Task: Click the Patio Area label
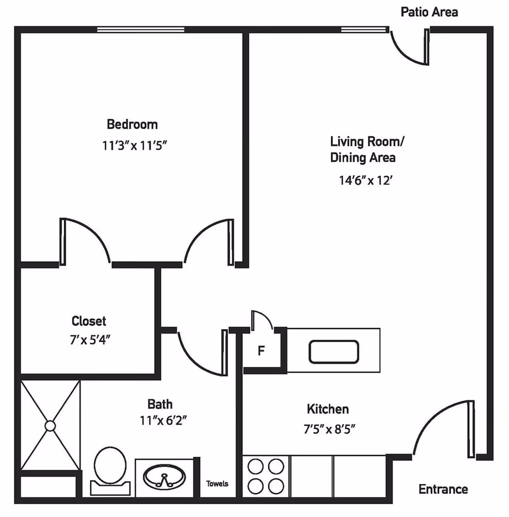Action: point(429,12)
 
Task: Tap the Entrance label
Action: point(443,489)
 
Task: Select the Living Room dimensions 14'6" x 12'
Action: point(365,180)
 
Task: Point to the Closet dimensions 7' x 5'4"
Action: point(89,339)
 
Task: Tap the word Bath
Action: point(160,404)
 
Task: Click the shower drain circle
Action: point(50,426)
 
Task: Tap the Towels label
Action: point(217,484)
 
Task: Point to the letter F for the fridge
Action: point(261,351)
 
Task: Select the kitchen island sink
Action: point(334,351)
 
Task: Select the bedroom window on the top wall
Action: point(141,30)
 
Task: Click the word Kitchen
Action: point(328,409)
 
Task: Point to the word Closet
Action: point(89,321)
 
